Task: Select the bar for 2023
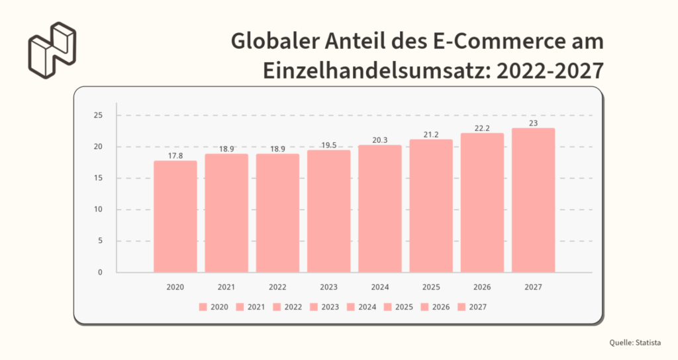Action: click(x=329, y=211)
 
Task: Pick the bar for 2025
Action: click(x=431, y=206)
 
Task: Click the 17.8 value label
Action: click(x=175, y=156)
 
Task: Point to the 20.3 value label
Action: click(x=380, y=140)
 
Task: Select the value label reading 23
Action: click(x=534, y=123)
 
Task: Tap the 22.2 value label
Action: click(x=483, y=128)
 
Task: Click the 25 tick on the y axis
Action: click(x=98, y=116)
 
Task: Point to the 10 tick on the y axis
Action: click(x=98, y=210)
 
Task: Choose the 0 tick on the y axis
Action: click(x=100, y=272)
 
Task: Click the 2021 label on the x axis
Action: click(x=226, y=288)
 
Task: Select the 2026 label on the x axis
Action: click(x=483, y=288)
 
